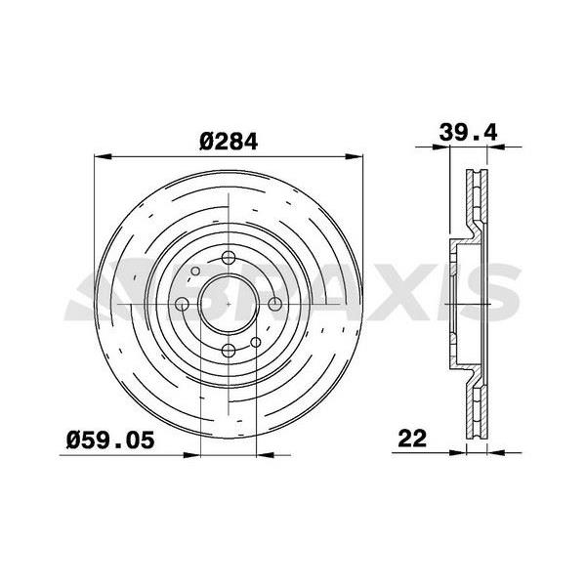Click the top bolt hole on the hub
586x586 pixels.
coord(228,259)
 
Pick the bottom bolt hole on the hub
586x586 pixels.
coord(228,351)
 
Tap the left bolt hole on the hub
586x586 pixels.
coord(182,305)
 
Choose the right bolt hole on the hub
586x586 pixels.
coord(273,305)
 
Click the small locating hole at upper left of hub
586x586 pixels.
coord(195,272)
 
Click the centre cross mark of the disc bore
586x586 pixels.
coord(228,305)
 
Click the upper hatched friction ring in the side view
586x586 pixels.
coord(478,200)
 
